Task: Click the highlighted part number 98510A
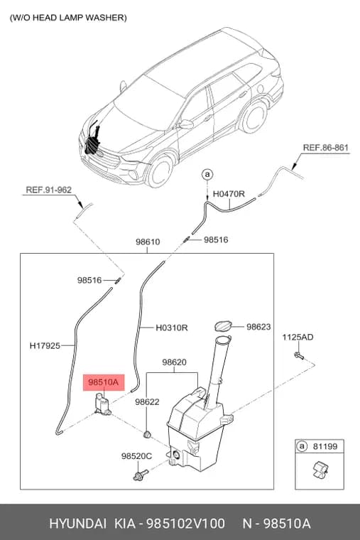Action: pos(103,382)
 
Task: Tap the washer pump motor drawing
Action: pos(102,404)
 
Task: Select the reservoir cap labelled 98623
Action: pos(223,326)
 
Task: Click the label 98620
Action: pos(174,362)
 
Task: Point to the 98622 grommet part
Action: pos(147,434)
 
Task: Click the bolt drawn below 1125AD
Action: pos(298,356)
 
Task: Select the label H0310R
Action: pos(172,328)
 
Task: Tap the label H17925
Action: pos(45,345)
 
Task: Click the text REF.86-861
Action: pos(326,148)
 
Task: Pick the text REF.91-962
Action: pos(48,190)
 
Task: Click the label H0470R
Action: pos(229,194)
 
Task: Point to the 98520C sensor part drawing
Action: pos(140,475)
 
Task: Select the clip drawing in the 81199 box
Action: pos(320,470)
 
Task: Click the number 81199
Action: pos(325,447)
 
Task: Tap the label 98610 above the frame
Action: pos(148,242)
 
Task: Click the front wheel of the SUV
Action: pos(159,171)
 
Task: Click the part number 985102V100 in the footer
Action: pos(186,524)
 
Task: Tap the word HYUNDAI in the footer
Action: pos(78,524)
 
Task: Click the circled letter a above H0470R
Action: pos(207,175)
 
